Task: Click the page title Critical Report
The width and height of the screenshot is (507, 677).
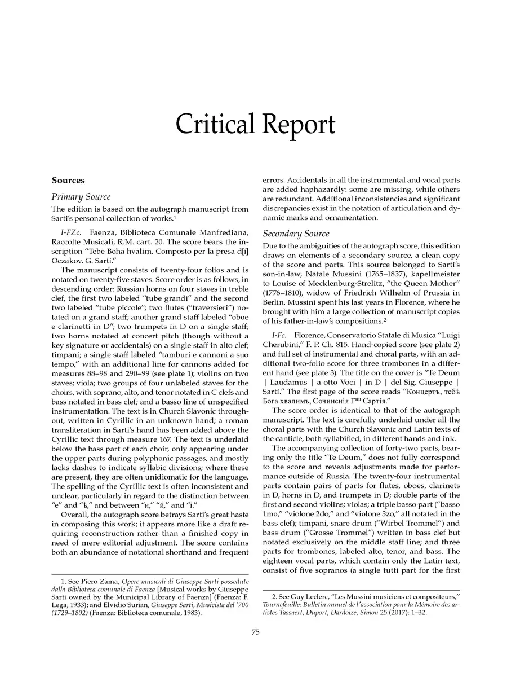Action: (x=255, y=124)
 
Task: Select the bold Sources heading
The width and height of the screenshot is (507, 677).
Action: (x=68, y=181)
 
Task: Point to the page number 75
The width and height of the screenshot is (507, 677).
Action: (x=255, y=632)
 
